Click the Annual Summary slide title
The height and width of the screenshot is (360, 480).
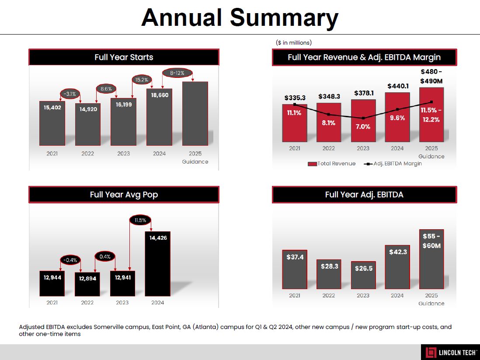click(240, 18)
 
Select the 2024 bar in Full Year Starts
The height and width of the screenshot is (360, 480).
click(159, 117)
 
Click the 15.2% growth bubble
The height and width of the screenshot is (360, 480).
click(142, 80)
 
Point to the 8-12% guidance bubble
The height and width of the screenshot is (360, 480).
click(177, 73)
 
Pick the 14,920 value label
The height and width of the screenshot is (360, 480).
click(88, 109)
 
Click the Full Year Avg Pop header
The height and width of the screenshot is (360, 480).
click(124, 195)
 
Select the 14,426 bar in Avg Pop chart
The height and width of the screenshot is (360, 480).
click(158, 263)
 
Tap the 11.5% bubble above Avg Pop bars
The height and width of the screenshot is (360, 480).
click(140, 220)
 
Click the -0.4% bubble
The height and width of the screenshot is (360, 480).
click(70, 260)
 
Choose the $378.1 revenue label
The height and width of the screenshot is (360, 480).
click(363, 93)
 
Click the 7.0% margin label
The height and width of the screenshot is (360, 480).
click(363, 126)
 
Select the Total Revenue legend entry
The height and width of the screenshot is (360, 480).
click(332, 164)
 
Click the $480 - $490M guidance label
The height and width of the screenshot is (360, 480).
click(431, 77)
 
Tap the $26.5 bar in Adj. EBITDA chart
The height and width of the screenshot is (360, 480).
click(363, 275)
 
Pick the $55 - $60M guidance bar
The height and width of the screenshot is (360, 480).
click(431, 259)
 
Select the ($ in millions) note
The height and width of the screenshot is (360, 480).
click(294, 42)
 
